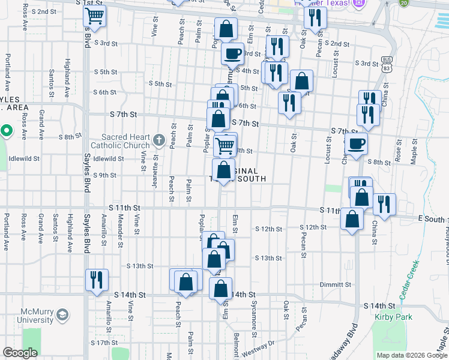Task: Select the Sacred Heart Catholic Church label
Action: [121, 141]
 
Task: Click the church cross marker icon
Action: [159, 141]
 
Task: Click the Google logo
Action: [20, 353]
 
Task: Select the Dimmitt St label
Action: [335, 284]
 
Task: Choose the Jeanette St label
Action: [155, 169]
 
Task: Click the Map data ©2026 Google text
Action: [411, 355]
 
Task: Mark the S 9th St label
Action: [104, 175]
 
